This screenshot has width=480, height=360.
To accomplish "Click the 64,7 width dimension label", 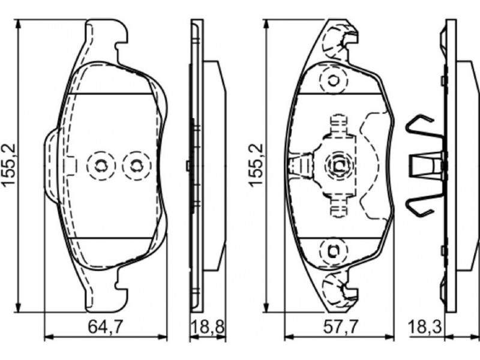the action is [x=106, y=327].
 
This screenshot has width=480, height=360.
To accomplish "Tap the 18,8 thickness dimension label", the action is [x=208, y=327].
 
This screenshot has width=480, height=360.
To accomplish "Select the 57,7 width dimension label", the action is [x=341, y=327].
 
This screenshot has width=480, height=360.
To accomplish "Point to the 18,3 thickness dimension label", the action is [x=425, y=327].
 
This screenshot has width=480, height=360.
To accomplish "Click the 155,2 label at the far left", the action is [x=9, y=164].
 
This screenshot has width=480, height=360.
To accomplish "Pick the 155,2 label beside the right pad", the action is [x=256, y=164].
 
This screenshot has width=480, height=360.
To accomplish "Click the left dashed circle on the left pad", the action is [x=101, y=166].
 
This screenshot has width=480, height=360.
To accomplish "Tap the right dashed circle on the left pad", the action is [x=137, y=166].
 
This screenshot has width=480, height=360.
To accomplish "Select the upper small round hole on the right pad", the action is [x=334, y=81].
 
